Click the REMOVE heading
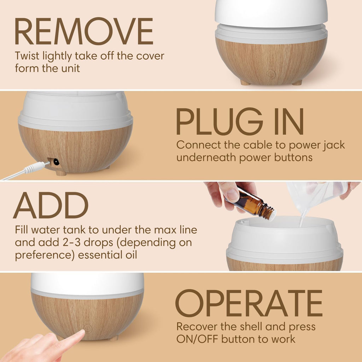(x=84, y=32)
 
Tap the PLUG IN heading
(x=240, y=122)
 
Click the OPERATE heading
(x=249, y=303)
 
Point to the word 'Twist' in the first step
(x=27, y=56)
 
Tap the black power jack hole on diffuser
(x=56, y=162)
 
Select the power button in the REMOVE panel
(x=271, y=74)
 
